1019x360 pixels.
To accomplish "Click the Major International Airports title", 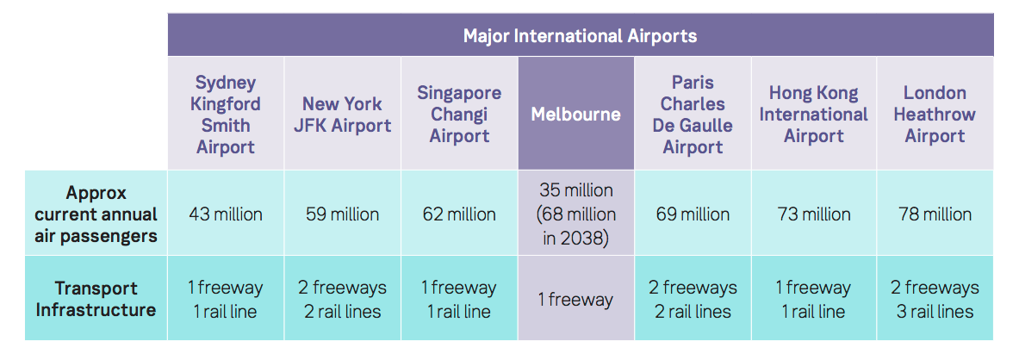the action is tap(580, 35).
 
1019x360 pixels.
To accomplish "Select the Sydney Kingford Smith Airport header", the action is tap(226, 115).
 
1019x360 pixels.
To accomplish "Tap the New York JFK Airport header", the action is tap(343, 115).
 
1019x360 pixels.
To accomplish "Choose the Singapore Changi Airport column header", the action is tap(459, 115).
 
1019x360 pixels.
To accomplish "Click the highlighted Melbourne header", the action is tap(575, 115).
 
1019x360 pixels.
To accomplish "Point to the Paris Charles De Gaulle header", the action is tap(693, 115).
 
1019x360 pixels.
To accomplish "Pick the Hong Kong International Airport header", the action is tap(814, 115).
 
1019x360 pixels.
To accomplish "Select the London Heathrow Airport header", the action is tap(935, 115).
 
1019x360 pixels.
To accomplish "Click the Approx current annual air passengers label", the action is tap(96, 214).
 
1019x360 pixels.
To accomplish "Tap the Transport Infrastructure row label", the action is tap(96, 299).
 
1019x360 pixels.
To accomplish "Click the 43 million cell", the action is tap(226, 214).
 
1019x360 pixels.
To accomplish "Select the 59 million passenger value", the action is tap(343, 214).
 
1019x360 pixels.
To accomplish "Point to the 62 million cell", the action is tap(459, 214).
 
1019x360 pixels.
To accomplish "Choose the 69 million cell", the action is tap(693, 214).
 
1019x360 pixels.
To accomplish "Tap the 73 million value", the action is tap(814, 214).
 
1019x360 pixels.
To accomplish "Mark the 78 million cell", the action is tap(935, 214).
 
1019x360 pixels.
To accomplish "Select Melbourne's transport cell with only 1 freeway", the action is tap(575, 300).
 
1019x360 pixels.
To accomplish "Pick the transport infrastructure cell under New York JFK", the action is tap(343, 300).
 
